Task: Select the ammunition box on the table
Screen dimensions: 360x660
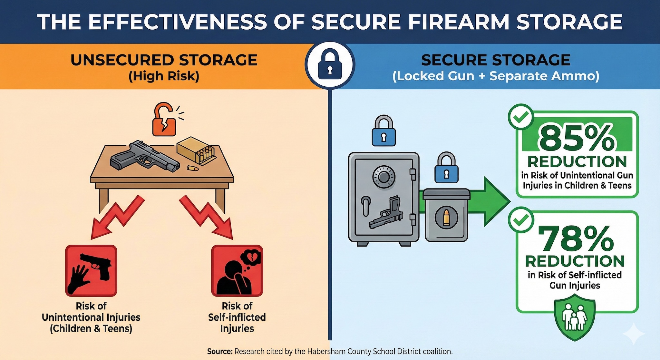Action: [x=195, y=150]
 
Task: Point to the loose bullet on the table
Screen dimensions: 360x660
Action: [x=193, y=168]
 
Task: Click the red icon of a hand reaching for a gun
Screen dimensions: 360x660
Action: [x=91, y=271]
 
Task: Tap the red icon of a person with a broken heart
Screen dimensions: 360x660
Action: [x=237, y=271]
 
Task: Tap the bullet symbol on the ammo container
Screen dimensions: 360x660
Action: [x=446, y=218]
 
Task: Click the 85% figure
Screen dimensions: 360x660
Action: [x=577, y=138]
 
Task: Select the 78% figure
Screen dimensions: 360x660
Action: [x=576, y=238]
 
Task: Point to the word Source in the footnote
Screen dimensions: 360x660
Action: [x=219, y=351]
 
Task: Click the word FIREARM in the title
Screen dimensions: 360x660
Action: [x=454, y=22]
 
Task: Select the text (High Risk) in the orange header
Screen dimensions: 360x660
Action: [x=164, y=76]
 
